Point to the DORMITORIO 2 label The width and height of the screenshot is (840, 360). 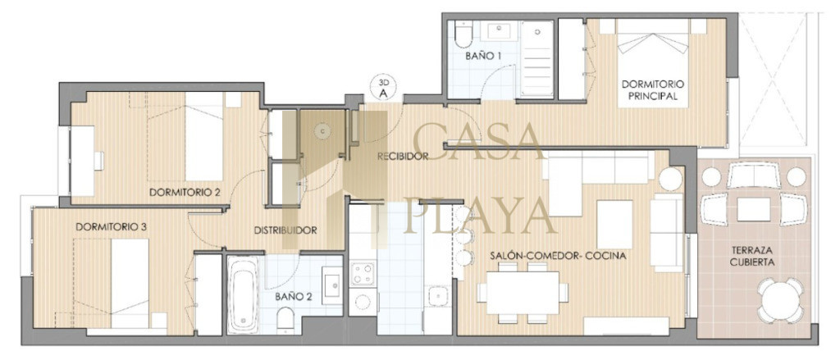(185, 192)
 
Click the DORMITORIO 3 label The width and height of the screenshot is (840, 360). (112, 226)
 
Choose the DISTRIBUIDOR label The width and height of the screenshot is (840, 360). (285, 231)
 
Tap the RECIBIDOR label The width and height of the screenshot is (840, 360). (402, 157)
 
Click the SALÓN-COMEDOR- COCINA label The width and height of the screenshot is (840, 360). (558, 256)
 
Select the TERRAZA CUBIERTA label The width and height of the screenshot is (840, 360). (756, 256)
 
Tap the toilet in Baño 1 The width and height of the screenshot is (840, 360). (463, 34)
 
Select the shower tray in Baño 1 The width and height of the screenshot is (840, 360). (536, 59)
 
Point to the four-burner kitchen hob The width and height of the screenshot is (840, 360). (363, 274)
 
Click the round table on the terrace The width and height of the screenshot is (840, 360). (780, 300)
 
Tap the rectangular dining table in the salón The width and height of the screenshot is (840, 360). (523, 293)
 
